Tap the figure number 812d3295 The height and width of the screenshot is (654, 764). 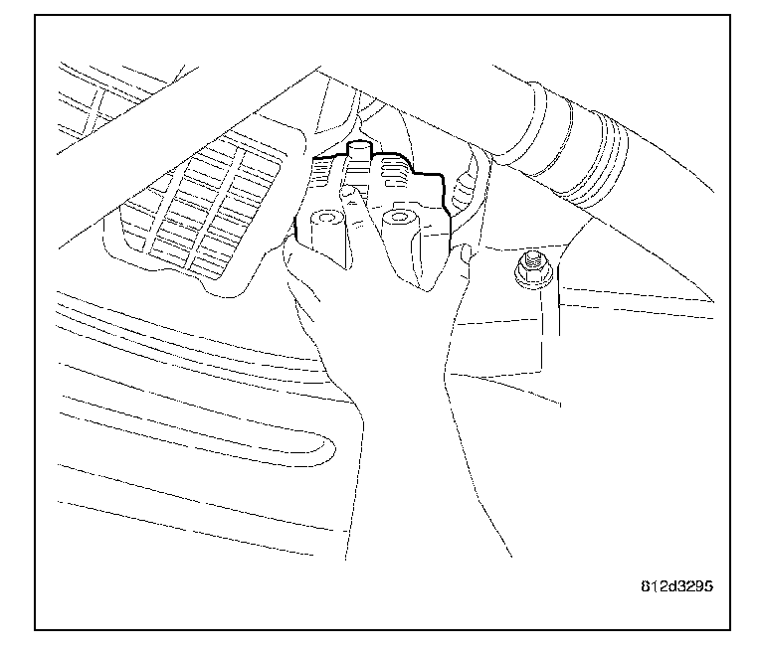point(677,585)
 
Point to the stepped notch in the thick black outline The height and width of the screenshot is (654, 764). point(438,179)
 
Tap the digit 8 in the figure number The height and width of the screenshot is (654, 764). point(644,585)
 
